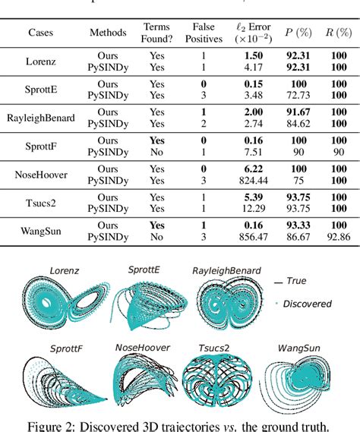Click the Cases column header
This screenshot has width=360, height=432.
46,33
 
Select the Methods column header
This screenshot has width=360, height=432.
109,33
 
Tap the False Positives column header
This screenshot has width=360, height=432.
203,33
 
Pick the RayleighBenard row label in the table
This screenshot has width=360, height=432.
46,118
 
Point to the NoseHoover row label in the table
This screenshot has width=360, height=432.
46,174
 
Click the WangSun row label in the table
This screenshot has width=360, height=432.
46,231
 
